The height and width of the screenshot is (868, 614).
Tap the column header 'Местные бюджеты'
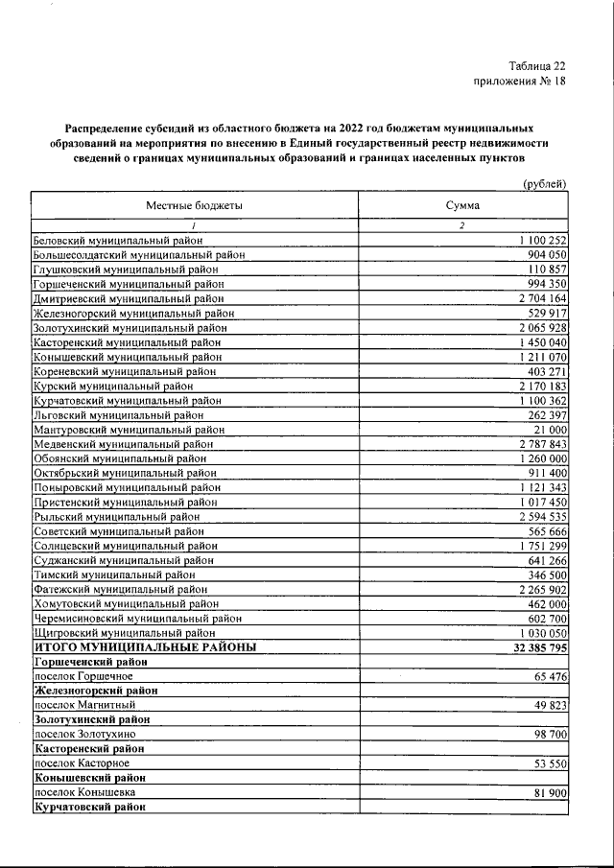pos(194,206)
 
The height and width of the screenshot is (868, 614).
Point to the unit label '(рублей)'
pos(544,184)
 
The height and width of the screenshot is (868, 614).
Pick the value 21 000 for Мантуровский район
pos(550,429)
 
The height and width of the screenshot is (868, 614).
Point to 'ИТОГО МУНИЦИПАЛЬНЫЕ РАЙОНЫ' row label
pos(145,647)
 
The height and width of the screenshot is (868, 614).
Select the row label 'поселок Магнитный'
pos(84,705)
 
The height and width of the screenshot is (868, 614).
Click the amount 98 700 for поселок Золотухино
pos(546,734)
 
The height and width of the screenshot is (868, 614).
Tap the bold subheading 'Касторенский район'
pos(91,748)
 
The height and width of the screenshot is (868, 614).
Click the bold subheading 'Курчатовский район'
pos(90,807)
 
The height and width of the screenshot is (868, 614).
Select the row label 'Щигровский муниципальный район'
pos(125,633)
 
